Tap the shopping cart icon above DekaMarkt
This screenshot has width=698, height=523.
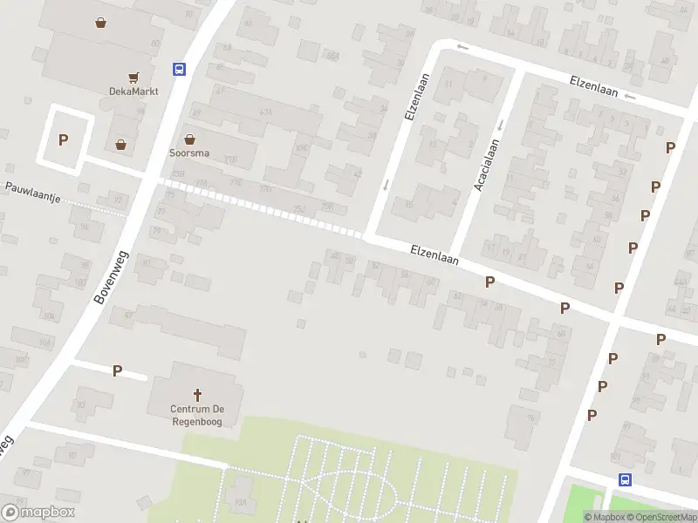coord(133,77)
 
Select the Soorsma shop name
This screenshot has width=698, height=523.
coord(189,153)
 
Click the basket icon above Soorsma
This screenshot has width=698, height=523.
coord(189,139)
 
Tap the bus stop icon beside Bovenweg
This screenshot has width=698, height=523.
coord(179,69)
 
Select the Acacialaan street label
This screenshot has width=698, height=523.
coord(486,165)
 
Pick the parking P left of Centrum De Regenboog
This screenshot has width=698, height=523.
coord(117,370)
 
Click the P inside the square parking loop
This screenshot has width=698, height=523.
coord(63,139)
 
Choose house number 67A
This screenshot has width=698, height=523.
coord(265,112)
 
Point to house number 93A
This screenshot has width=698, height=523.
coord(239,502)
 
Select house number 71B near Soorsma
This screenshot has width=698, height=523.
coord(231,159)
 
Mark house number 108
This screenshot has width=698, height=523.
coord(21,358)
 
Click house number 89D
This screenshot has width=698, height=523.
coord(300,149)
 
